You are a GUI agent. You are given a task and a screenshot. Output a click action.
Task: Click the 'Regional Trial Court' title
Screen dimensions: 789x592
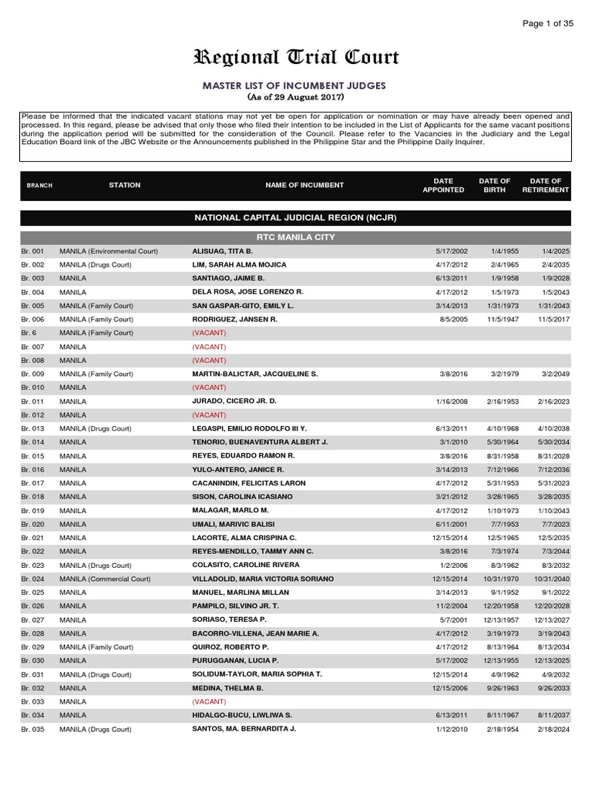[x=295, y=59]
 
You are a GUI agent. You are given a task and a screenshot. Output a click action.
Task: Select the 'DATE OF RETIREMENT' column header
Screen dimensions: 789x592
[x=545, y=186]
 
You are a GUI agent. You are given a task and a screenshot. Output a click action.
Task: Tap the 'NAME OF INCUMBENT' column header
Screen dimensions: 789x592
[x=304, y=186]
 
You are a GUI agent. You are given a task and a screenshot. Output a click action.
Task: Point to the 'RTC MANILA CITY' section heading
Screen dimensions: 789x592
[x=295, y=237]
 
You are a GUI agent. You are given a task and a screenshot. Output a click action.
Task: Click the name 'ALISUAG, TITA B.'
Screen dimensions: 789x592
[x=223, y=251]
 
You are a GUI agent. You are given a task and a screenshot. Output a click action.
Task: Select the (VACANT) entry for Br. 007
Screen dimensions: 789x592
[x=209, y=347]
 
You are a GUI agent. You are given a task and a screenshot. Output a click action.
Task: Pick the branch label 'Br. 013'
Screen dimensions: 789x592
[x=32, y=428]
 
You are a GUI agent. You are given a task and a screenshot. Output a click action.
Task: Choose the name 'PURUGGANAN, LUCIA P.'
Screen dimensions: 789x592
[x=235, y=660]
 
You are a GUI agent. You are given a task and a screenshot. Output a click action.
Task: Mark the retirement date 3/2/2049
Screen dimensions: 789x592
[x=553, y=374]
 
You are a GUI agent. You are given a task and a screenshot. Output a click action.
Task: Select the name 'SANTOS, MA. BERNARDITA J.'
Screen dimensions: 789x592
[x=244, y=728]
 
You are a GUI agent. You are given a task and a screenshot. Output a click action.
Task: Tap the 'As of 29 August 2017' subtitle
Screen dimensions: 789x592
[x=295, y=98]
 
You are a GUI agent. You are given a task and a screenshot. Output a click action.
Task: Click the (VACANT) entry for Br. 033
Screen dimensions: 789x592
[x=209, y=701]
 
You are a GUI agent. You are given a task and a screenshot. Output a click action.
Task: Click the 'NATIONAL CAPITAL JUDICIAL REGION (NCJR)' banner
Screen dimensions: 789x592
[x=295, y=218]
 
